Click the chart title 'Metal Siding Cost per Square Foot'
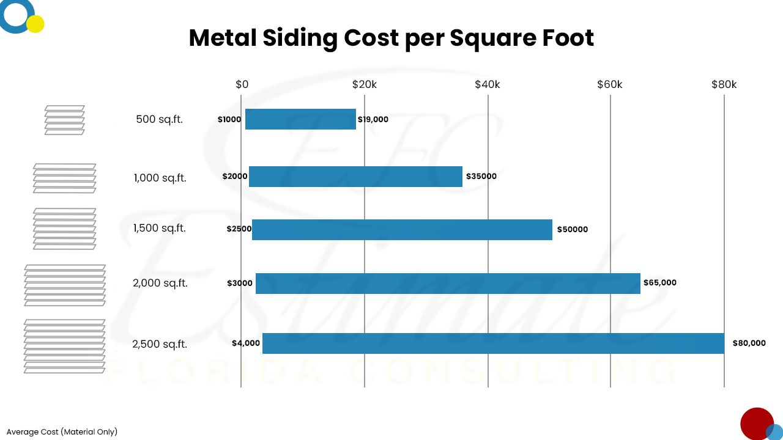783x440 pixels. (x=391, y=38)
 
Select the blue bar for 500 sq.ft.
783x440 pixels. (x=300, y=119)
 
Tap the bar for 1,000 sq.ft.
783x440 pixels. (x=355, y=177)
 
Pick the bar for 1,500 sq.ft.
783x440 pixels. (x=402, y=229)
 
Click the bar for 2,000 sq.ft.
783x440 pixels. (x=448, y=283)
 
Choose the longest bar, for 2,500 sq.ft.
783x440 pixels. (x=493, y=343)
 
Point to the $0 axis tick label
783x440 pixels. (x=242, y=84)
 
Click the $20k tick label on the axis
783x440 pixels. (x=365, y=84)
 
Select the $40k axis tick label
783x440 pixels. (x=488, y=84)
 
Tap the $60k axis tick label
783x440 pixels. (x=610, y=84)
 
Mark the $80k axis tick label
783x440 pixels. (x=724, y=84)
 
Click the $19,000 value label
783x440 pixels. (x=373, y=120)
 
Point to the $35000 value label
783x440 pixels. (x=481, y=177)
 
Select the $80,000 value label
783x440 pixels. (x=749, y=343)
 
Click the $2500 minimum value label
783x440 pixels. (x=239, y=229)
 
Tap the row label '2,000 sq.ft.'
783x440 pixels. (x=160, y=283)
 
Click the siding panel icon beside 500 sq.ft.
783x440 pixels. (x=64, y=120)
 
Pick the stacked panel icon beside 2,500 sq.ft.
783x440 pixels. (x=64, y=346)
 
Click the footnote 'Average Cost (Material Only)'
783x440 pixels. (x=62, y=431)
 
